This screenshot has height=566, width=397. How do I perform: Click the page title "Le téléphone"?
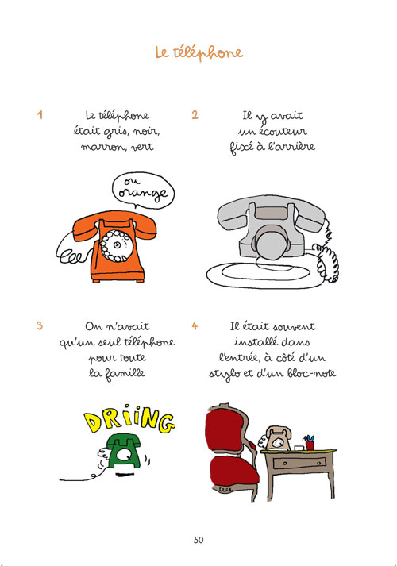(x=198, y=52)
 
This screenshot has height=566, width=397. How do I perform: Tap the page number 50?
(x=198, y=540)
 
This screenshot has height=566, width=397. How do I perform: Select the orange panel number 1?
(x=39, y=114)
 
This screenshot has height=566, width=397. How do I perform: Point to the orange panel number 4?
(x=195, y=325)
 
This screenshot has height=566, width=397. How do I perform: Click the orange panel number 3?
(x=39, y=325)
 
